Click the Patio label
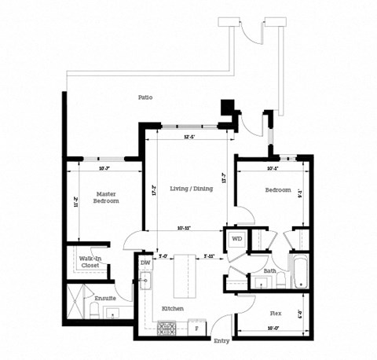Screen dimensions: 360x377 (145, 97)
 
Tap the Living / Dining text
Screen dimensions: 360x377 (190, 189)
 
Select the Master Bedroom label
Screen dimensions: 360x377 (107, 197)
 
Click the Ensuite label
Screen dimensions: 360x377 (105, 299)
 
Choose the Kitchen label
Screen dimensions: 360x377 (173, 309)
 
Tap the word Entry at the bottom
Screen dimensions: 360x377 (221, 342)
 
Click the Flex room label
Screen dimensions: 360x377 (276, 313)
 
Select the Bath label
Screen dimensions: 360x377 (270, 272)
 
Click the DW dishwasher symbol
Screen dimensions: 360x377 (145, 263)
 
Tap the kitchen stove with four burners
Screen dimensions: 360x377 (167, 329)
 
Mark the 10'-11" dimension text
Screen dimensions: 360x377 (185, 229)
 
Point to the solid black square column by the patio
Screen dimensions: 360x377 (229, 108)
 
